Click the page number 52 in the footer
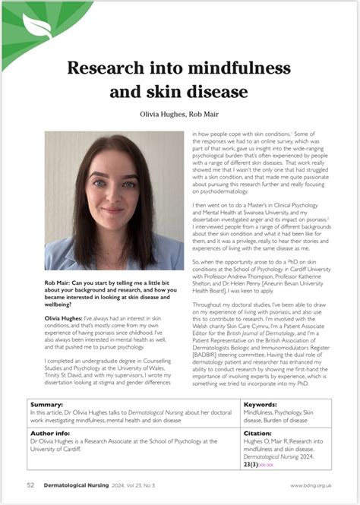30,484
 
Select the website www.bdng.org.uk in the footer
310,484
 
